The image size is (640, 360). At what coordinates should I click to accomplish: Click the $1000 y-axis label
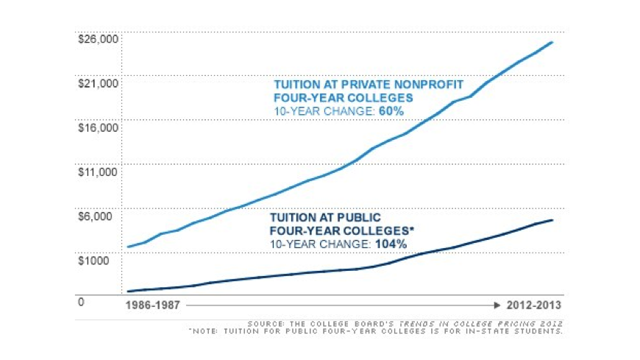[x=93, y=260]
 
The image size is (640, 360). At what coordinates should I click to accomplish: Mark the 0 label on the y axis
[x=82, y=302]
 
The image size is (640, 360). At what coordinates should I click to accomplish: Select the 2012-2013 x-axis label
[x=535, y=305]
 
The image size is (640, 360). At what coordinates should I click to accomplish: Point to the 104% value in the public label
[x=391, y=243]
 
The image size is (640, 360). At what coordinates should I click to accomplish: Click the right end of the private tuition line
[x=552, y=42]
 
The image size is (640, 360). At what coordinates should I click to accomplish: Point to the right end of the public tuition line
[x=552, y=220]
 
